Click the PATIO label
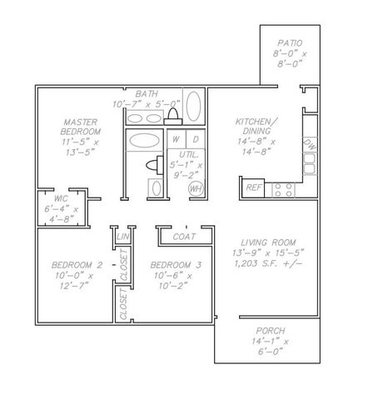click(x=290, y=43)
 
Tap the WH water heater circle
click(x=196, y=189)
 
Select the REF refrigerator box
click(x=253, y=188)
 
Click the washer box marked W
click(x=177, y=139)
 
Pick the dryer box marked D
click(x=196, y=139)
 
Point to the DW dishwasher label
click(x=310, y=145)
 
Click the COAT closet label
click(x=184, y=237)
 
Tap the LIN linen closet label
click(x=123, y=237)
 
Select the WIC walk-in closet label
click(x=61, y=198)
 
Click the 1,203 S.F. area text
click(x=268, y=263)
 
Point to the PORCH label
click(x=271, y=331)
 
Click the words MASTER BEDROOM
click(x=81, y=127)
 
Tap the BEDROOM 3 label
click(x=176, y=265)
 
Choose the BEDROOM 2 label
click(x=77, y=265)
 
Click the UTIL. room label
click(x=189, y=154)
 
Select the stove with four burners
click(x=283, y=190)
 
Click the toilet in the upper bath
click(x=173, y=117)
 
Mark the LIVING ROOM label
click(x=268, y=242)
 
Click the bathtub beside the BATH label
click(x=193, y=106)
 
